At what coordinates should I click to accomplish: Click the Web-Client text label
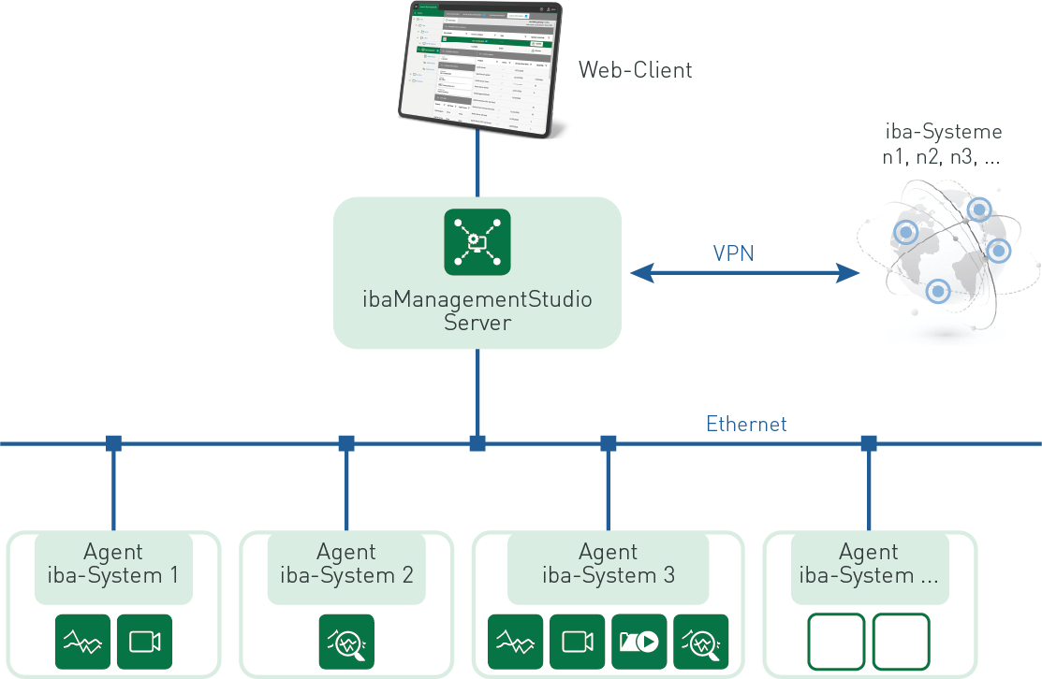pos(635,70)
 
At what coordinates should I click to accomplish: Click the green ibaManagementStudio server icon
pos(477,242)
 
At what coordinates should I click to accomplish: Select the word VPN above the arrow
pos(733,253)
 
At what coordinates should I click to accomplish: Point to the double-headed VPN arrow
pos(744,273)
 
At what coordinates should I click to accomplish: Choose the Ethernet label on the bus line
pos(746,424)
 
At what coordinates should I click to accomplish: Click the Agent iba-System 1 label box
pos(113,565)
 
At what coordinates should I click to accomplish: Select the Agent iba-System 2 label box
pos(346,565)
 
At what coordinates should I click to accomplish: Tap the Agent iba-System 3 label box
pos(609,565)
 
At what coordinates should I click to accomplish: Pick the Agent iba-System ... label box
pos(869,565)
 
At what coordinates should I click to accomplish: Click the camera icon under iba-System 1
pos(145,642)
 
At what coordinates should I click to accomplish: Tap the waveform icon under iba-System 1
pos(83,642)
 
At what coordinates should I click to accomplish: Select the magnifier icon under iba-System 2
pos(346,642)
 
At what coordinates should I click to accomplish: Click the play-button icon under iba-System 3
pos(639,642)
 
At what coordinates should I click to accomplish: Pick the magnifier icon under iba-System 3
pos(701,642)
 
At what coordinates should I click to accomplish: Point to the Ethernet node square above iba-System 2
pos(346,443)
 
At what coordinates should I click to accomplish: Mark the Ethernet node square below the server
pos(477,443)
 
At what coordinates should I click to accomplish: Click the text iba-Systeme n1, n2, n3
pos(942,145)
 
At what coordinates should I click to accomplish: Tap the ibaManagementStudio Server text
pos(477,311)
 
